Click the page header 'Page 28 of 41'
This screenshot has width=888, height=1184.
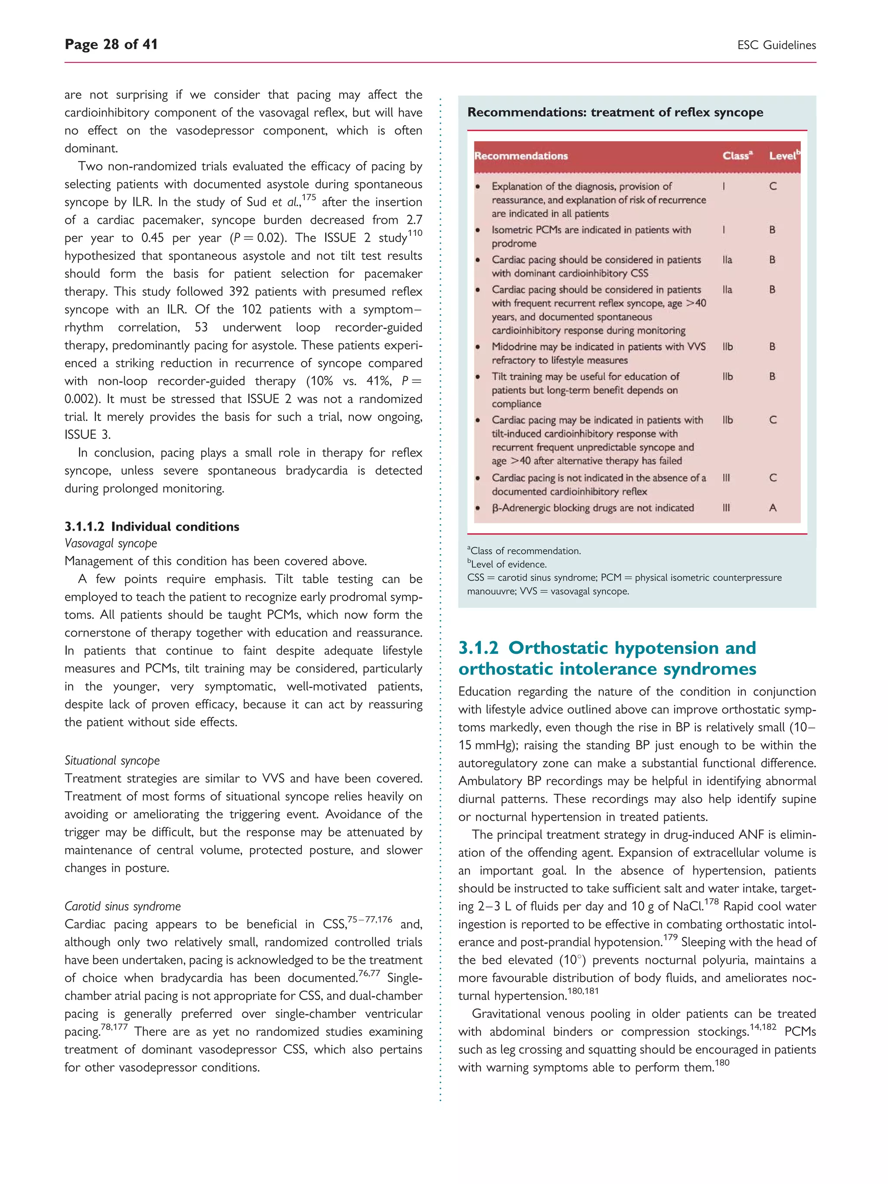coord(111,44)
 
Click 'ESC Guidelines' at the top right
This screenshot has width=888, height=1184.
coord(776,46)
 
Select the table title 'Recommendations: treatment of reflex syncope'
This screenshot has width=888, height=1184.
coord(614,112)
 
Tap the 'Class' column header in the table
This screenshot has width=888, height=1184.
coord(737,156)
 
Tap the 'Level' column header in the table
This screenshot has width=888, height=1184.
coord(784,156)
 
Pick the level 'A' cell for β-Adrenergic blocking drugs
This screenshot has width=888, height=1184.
coord(772,507)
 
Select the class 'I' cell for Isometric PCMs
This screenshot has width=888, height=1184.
coord(724,230)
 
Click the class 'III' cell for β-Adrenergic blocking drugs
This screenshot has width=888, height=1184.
coord(726,507)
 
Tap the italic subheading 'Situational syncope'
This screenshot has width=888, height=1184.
coord(112,760)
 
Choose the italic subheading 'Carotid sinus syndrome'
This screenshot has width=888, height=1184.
coord(123,906)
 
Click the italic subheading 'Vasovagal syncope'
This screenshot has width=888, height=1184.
coord(111,543)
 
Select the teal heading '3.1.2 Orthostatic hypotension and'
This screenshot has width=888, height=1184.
coord(607,648)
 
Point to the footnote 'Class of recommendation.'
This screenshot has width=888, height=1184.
coord(525,551)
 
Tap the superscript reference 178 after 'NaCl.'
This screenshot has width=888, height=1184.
coord(712,902)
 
